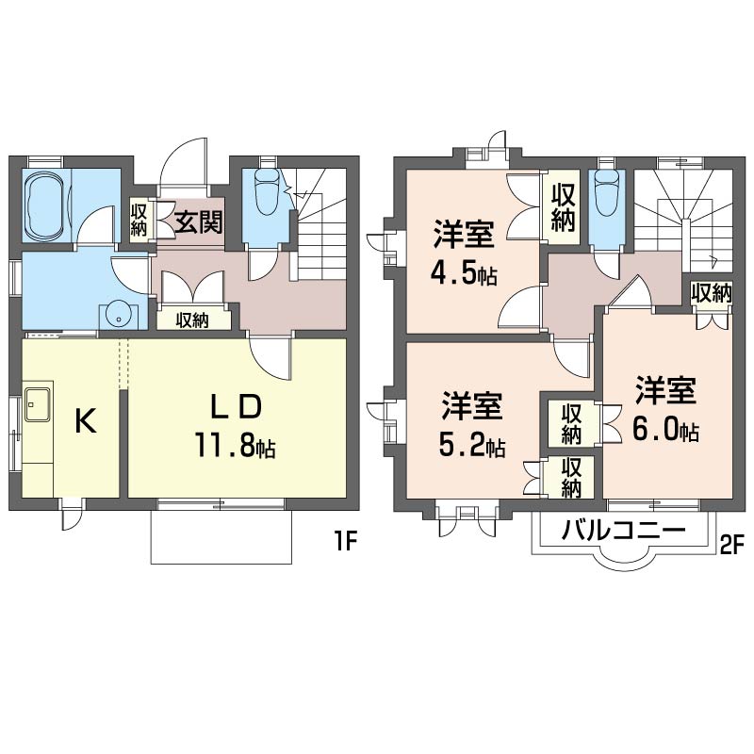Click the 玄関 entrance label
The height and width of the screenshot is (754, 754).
pyautogui.click(x=199, y=222)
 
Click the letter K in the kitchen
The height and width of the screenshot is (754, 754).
pyautogui.click(x=86, y=420)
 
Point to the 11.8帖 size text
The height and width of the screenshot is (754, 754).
pyautogui.click(x=235, y=444)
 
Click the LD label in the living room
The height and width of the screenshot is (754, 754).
pyautogui.click(x=237, y=406)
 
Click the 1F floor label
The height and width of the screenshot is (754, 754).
pyautogui.click(x=345, y=543)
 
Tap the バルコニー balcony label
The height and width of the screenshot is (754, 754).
pyautogui.click(x=623, y=531)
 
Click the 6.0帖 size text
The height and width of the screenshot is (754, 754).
pyautogui.click(x=665, y=429)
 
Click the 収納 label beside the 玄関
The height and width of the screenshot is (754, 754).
pyautogui.click(x=139, y=220)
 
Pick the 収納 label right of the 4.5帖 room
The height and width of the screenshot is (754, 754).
pyautogui.click(x=564, y=208)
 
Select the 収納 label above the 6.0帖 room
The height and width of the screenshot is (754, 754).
pyautogui.click(x=712, y=293)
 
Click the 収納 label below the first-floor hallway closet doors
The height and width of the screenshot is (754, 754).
pyautogui.click(x=192, y=320)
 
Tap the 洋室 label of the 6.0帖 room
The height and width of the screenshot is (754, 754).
pyautogui.click(x=665, y=390)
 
